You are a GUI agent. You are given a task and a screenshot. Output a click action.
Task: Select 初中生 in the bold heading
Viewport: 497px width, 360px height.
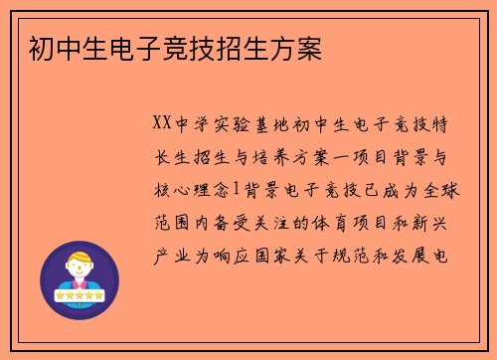[56, 47]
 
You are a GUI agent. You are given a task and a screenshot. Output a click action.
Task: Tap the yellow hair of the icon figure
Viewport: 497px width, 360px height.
[80, 258]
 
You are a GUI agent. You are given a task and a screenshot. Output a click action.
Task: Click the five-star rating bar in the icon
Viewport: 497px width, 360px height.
[80, 296]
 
